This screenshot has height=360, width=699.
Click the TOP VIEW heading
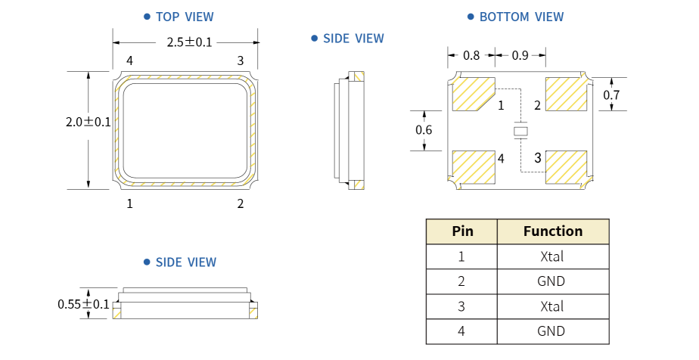click(x=185, y=17)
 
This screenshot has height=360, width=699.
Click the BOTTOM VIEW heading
click(x=521, y=17)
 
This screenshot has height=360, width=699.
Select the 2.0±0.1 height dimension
click(x=88, y=122)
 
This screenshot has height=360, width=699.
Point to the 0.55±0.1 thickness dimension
click(x=83, y=304)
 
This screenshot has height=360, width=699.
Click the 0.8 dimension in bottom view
click(x=471, y=55)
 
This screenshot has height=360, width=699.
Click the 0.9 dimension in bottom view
click(x=520, y=55)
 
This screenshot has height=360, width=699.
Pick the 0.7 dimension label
click(x=611, y=95)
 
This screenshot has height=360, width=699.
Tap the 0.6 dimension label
click(x=424, y=130)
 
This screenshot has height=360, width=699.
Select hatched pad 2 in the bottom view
click(x=566, y=94)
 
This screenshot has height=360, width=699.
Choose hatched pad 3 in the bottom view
click(x=566, y=167)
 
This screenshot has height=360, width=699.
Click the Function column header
click(x=553, y=231)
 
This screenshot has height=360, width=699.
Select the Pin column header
click(x=462, y=231)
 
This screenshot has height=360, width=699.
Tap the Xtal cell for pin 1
click(x=552, y=256)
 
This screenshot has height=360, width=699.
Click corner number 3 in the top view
click(x=241, y=61)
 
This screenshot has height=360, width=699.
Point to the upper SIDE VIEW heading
click(x=353, y=39)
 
